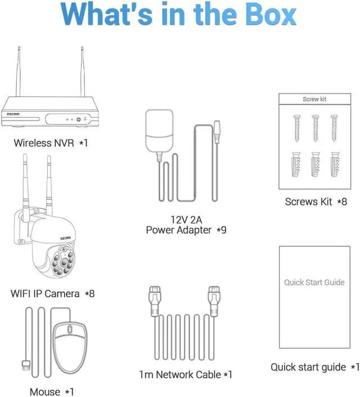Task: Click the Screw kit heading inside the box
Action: tap(314, 100)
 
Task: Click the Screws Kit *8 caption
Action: tap(316, 202)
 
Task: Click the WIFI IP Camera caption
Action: tap(52, 293)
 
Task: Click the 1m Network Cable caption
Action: tap(185, 374)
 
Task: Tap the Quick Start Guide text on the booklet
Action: tap(314, 282)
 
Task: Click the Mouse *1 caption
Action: tap(51, 391)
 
